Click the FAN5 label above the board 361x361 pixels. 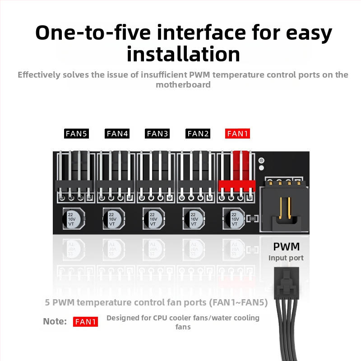pyautogui.click(x=76, y=134)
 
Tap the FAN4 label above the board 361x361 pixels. pyautogui.click(x=117, y=134)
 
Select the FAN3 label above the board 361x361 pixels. pyautogui.click(x=157, y=134)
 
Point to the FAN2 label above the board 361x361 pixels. pyautogui.click(x=198, y=134)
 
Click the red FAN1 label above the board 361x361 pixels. pyautogui.click(x=237, y=134)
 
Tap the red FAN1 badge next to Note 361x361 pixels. pyautogui.click(x=85, y=322)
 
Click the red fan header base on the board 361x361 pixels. pyautogui.click(x=237, y=186)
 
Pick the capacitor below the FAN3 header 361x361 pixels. pyautogui.click(x=153, y=219)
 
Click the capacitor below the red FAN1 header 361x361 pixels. pyautogui.click(x=234, y=219)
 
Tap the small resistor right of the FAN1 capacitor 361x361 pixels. pyautogui.click(x=253, y=218)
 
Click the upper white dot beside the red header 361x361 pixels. pyautogui.click(x=261, y=160)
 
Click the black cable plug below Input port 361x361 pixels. pyautogui.click(x=287, y=283)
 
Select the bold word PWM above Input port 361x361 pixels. pyautogui.click(x=287, y=246)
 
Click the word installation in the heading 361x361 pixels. pyautogui.click(x=183, y=54)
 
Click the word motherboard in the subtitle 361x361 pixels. pyautogui.click(x=183, y=85)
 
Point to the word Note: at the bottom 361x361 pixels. pyautogui.click(x=55, y=321)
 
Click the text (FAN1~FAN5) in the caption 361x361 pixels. pyautogui.click(x=238, y=302)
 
